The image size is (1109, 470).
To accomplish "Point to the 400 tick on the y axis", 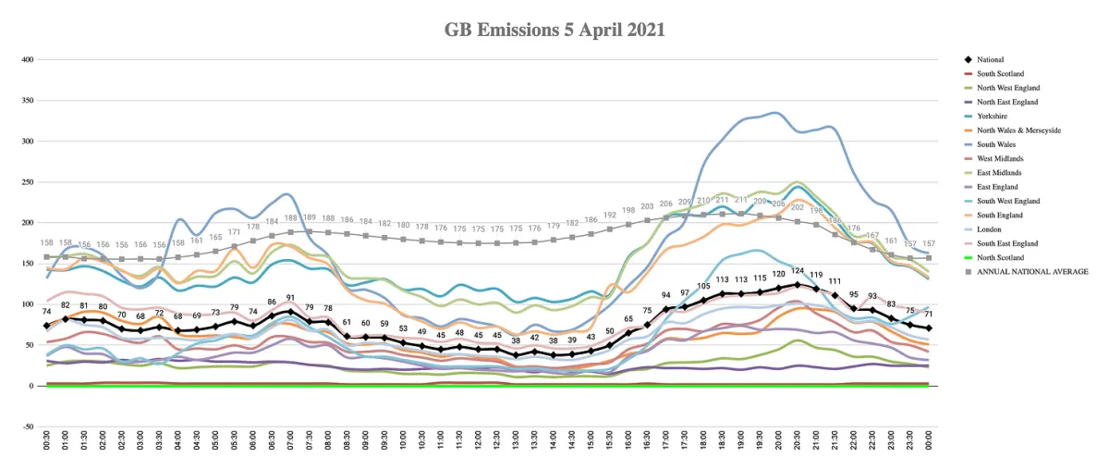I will (27, 59).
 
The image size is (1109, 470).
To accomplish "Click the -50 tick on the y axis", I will (27, 427).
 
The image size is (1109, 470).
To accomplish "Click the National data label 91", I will (290, 299).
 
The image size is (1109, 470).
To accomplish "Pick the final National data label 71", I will (929, 315).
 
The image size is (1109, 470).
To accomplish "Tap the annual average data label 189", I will (310, 217).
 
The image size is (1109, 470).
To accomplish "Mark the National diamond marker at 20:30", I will (797, 285).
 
